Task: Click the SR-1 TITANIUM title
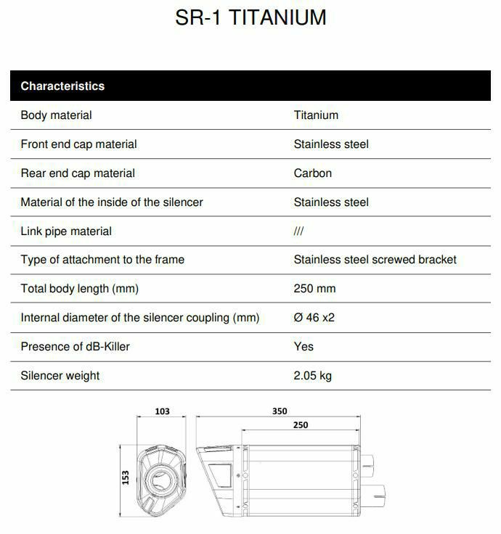250,17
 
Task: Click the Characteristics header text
62,86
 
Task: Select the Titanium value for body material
316,115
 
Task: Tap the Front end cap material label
78,144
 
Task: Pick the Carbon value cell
313,173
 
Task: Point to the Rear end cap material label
78,173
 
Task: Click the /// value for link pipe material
298,231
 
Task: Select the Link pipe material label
66,231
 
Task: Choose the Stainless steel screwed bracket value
375,260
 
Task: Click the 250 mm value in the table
314,289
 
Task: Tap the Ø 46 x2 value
314,318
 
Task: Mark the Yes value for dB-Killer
304,347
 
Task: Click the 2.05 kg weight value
313,376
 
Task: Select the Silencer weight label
60,376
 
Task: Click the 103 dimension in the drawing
162,411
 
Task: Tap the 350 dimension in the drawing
280,411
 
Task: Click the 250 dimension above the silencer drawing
301,425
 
